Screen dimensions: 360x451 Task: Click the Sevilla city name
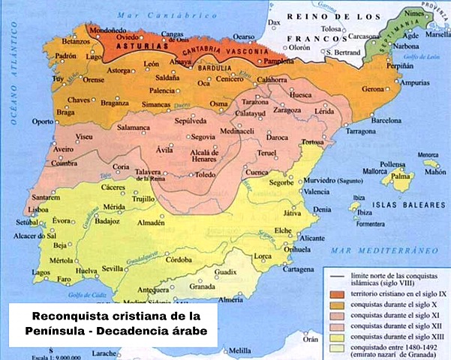pyautogui.click(x=113, y=268)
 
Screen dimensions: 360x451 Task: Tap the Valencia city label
pyautogui.click(x=320, y=192)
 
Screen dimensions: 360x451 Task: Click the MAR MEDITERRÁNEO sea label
pyautogui.click(x=380, y=248)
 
